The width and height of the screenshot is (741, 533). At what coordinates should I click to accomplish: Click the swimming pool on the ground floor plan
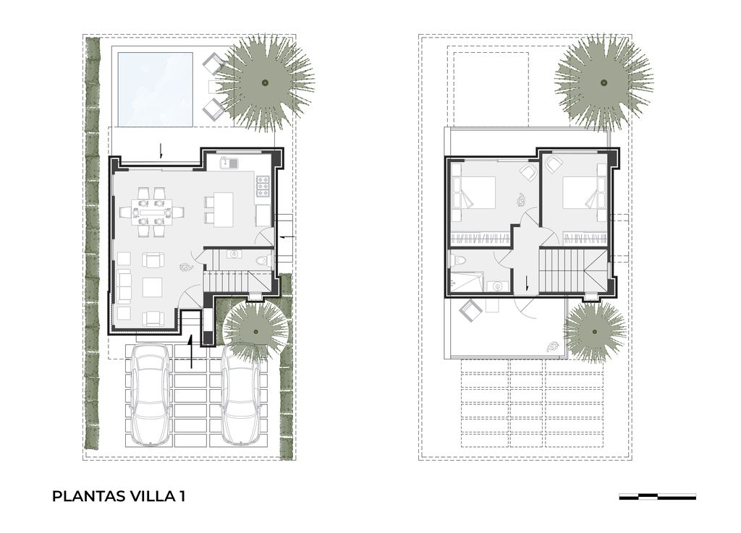tap(155, 89)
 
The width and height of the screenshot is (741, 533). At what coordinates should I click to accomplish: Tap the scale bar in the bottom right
tap(657, 496)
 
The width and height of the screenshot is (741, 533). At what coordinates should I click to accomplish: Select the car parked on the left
tap(151, 395)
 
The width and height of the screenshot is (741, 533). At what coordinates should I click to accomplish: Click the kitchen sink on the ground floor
tap(229, 163)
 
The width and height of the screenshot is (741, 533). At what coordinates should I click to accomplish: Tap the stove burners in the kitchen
tap(263, 187)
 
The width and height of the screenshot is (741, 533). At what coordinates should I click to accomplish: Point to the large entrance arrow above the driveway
tap(191, 351)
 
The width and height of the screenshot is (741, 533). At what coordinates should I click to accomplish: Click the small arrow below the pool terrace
tap(161, 150)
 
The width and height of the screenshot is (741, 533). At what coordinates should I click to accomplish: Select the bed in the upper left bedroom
tap(473, 192)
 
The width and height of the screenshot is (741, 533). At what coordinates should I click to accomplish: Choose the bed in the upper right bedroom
tap(585, 192)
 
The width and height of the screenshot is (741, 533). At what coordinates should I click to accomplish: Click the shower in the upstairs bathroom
tap(467, 281)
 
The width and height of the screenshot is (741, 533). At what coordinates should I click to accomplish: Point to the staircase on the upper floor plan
tap(572, 271)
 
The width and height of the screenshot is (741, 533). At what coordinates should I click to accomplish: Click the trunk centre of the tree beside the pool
tap(265, 82)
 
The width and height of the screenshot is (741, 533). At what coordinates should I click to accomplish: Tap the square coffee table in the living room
tap(153, 287)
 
